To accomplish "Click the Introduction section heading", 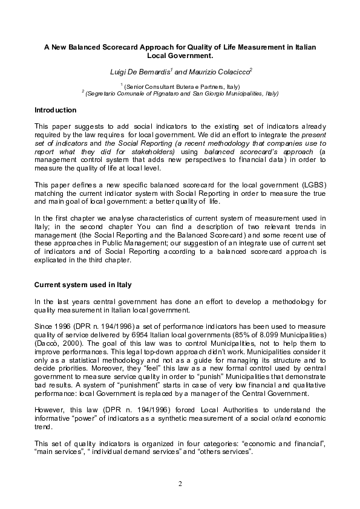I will click(56, 110).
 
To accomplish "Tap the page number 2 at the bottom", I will click(180, 484).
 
